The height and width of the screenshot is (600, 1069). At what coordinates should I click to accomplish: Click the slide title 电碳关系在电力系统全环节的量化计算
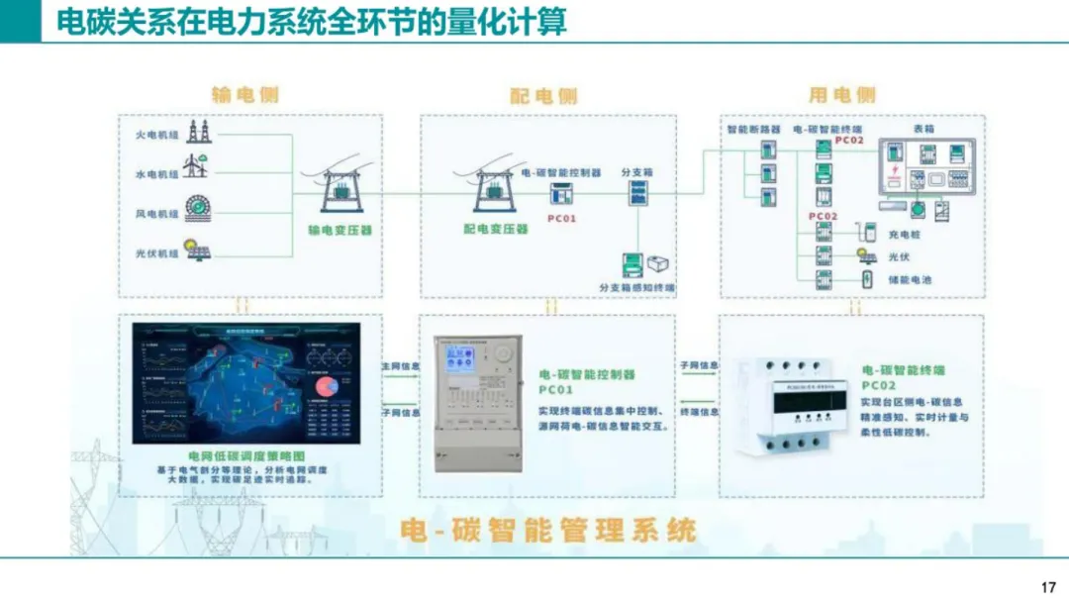coord(311,22)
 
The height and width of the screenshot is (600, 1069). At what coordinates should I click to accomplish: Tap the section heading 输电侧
coord(245,95)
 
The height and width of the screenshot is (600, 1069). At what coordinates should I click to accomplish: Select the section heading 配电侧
coord(543,95)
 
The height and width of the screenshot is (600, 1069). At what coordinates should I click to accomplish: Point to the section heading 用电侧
coord(842,95)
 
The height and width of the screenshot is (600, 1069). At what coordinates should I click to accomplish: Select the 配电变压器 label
coord(496,229)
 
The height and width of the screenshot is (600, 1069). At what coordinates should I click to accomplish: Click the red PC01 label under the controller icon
coord(561,217)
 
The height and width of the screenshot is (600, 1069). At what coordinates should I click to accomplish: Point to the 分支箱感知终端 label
coord(636,287)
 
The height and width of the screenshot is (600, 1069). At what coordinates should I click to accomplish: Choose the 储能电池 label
coord(910,280)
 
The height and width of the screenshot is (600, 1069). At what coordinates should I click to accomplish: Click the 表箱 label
coord(923,129)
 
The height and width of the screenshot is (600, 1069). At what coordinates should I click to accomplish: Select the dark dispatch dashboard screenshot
coord(246,383)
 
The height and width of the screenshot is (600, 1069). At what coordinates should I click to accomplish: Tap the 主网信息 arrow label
coord(401,366)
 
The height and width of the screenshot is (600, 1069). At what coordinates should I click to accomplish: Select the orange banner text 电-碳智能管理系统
coord(547,530)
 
